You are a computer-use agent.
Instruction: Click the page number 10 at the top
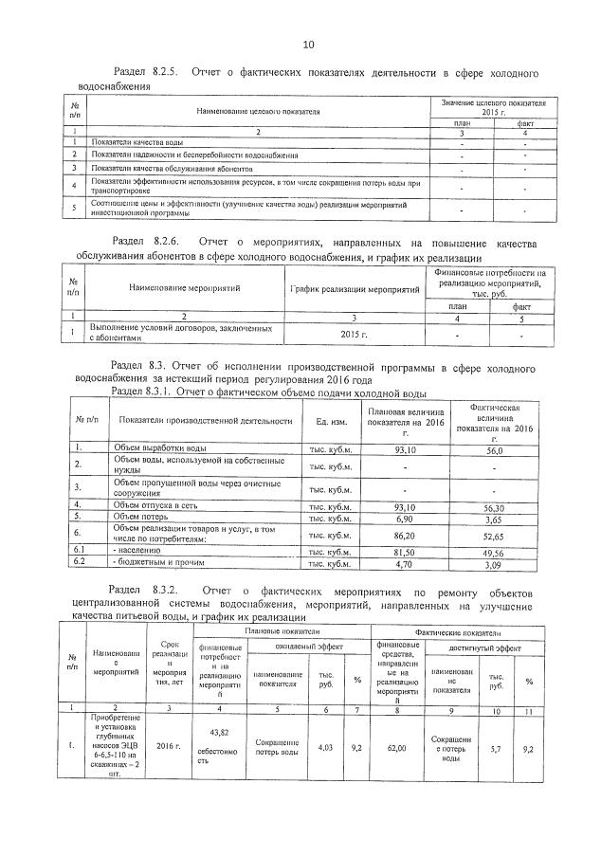[x=308, y=45]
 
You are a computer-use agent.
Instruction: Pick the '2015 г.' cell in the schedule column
[x=353, y=334]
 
